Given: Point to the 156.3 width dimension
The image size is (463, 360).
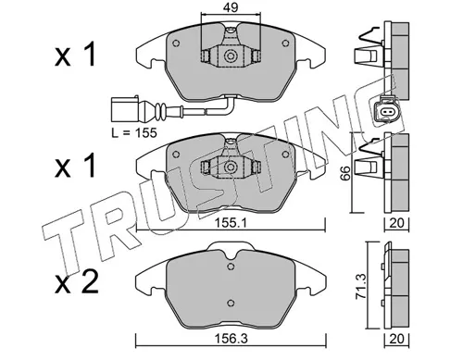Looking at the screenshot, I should pyautogui.click(x=228, y=341).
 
